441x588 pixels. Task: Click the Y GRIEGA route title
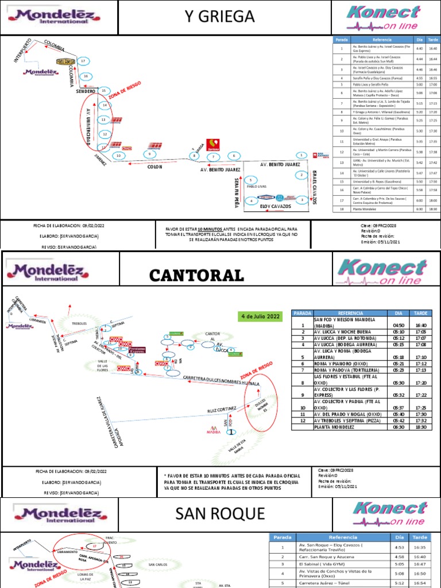click(219, 17)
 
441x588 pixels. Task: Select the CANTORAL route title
click(197, 275)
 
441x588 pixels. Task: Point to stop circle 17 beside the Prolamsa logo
click(83, 61)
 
